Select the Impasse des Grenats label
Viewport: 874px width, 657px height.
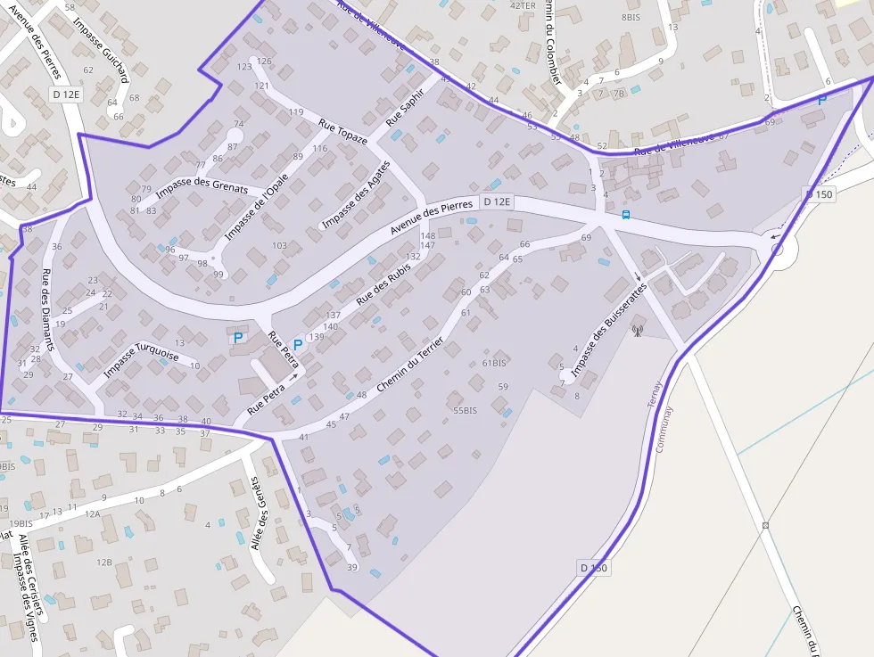[202, 178]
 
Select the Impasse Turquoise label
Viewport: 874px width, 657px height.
[142, 359]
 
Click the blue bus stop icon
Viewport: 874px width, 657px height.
[626, 214]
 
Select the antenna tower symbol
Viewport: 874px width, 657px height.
[637, 332]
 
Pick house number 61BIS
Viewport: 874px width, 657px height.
[494, 363]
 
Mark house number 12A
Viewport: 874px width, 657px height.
[92, 513]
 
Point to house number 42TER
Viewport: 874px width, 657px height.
[523, 5]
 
